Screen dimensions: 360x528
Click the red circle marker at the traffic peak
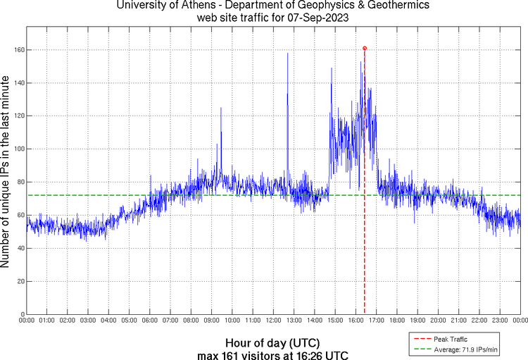point(365,48)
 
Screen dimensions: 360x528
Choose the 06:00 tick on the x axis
point(150,321)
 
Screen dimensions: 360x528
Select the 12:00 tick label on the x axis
point(273,321)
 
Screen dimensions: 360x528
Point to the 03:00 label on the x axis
point(88,321)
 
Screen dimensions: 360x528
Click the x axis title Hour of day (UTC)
point(272,342)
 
